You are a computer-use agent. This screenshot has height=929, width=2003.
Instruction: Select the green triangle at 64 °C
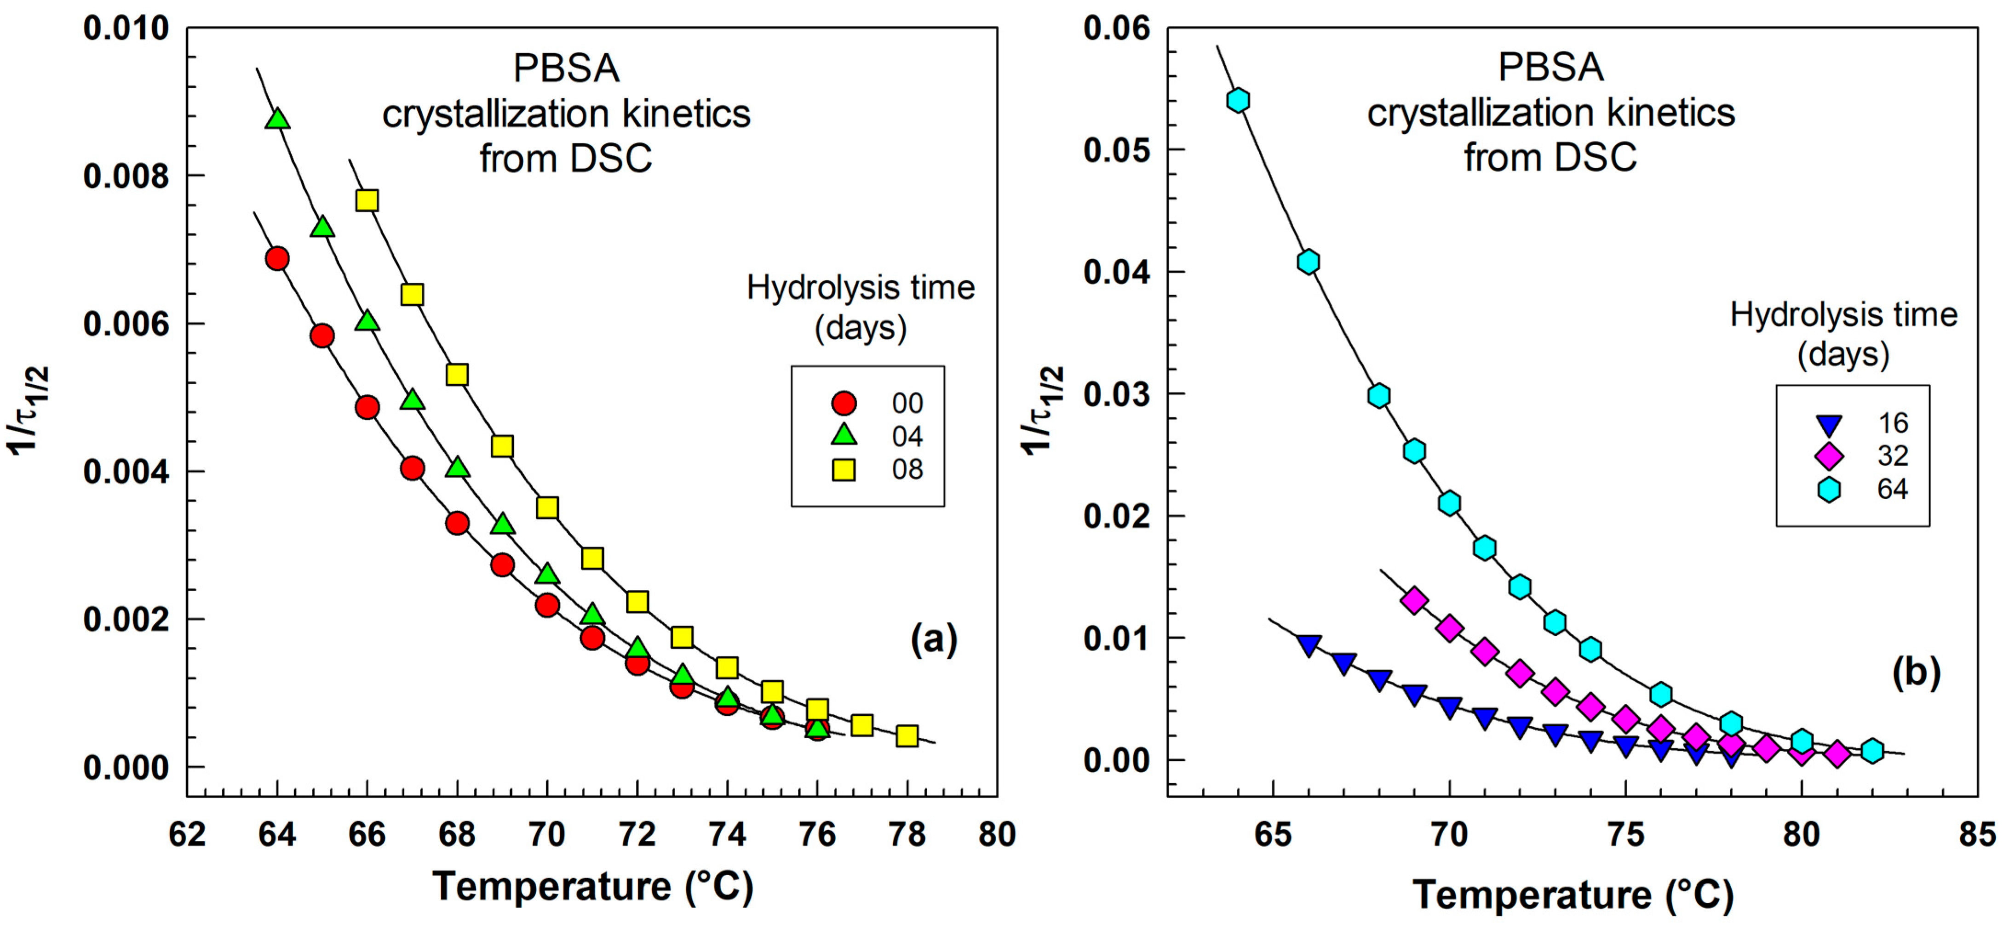point(278,119)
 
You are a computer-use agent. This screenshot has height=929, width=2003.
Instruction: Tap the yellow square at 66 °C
point(367,200)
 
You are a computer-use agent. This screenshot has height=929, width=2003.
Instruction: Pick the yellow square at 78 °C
point(907,735)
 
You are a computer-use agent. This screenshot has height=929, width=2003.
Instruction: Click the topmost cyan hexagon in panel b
point(1238,100)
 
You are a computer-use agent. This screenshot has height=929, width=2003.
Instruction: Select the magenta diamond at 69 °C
point(1414,600)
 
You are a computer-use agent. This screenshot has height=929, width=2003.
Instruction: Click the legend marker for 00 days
point(844,403)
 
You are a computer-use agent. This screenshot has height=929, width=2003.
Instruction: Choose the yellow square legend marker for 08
point(844,469)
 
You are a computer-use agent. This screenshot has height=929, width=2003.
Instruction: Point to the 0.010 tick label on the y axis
point(126,29)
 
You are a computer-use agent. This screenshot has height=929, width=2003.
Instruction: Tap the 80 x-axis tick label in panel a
point(997,835)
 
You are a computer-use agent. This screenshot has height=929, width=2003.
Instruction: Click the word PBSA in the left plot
point(566,68)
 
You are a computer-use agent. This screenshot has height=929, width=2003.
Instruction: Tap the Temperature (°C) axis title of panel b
point(1572,894)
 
